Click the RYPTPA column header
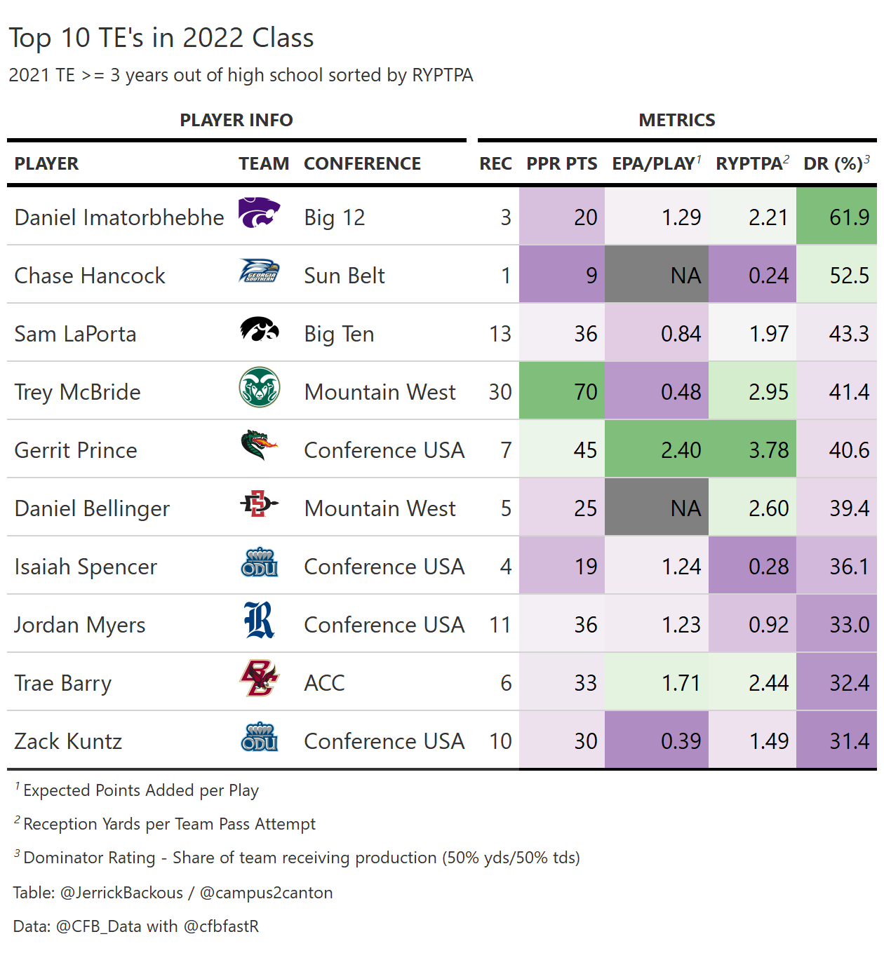pyautogui.click(x=749, y=164)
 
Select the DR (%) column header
pyautogui.click(x=833, y=164)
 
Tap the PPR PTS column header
pyautogui.click(x=562, y=164)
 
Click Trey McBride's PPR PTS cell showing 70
pyautogui.click(x=562, y=391)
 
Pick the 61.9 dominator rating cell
pyautogui.click(x=836, y=217)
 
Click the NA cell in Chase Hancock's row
pyautogui.click(x=657, y=275)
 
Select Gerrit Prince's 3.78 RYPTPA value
pyautogui.click(x=752, y=450)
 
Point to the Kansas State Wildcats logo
pyautogui.click(x=259, y=213)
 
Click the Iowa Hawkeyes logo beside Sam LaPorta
pyautogui.click(x=260, y=330)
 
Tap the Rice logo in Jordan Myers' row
pyautogui.click(x=259, y=621)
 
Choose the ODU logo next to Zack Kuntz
pyautogui.click(x=260, y=738)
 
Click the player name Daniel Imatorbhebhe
pyautogui.click(x=119, y=217)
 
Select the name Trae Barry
pyautogui.click(x=63, y=683)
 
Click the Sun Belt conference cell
pyautogui.click(x=344, y=276)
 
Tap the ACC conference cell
pyautogui.click(x=324, y=683)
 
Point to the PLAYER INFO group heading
pyautogui.click(x=236, y=121)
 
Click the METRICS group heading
pyautogui.click(x=677, y=121)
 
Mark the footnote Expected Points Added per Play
pyautogui.click(x=141, y=791)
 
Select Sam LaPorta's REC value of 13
pyautogui.click(x=500, y=334)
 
